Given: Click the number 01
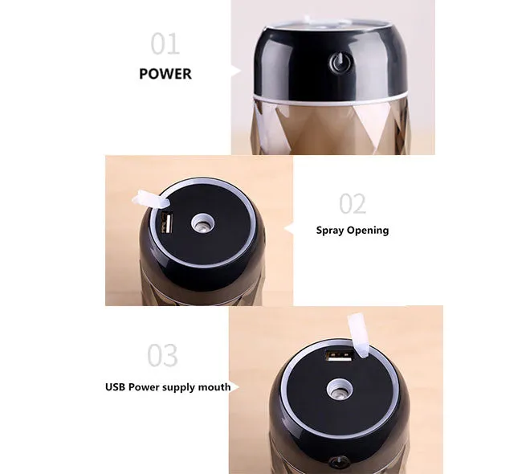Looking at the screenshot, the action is [165, 43].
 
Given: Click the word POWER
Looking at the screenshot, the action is [165, 74].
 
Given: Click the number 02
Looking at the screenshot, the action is [353, 203].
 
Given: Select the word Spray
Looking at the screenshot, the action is [330, 231].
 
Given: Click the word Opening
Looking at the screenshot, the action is [368, 231].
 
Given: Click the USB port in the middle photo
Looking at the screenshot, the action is [167, 223].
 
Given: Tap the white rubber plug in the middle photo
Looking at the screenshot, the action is [150, 198].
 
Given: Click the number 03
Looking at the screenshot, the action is [162, 355].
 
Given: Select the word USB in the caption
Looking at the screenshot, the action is [116, 387].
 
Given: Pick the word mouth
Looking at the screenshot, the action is [214, 387].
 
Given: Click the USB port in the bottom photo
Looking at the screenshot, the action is [339, 356].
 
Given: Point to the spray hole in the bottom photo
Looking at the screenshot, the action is [338, 390].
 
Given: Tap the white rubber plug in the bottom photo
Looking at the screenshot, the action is [358, 335].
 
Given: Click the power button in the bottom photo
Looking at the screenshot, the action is [339, 462].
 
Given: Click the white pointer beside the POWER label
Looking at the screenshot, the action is [236, 71].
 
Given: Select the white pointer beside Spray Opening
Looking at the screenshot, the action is [288, 229].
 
